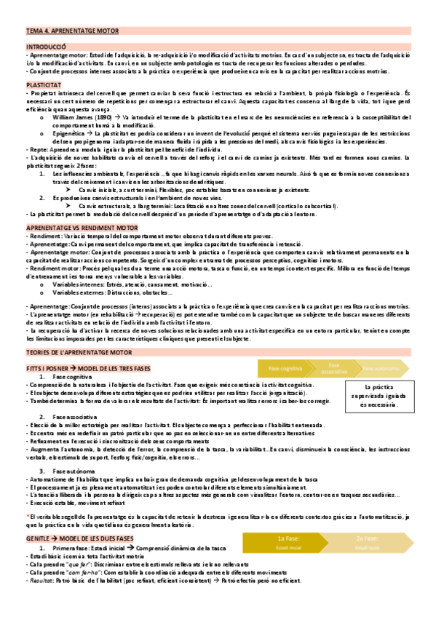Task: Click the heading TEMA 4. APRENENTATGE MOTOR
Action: (72, 32)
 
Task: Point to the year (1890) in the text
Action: (104, 116)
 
